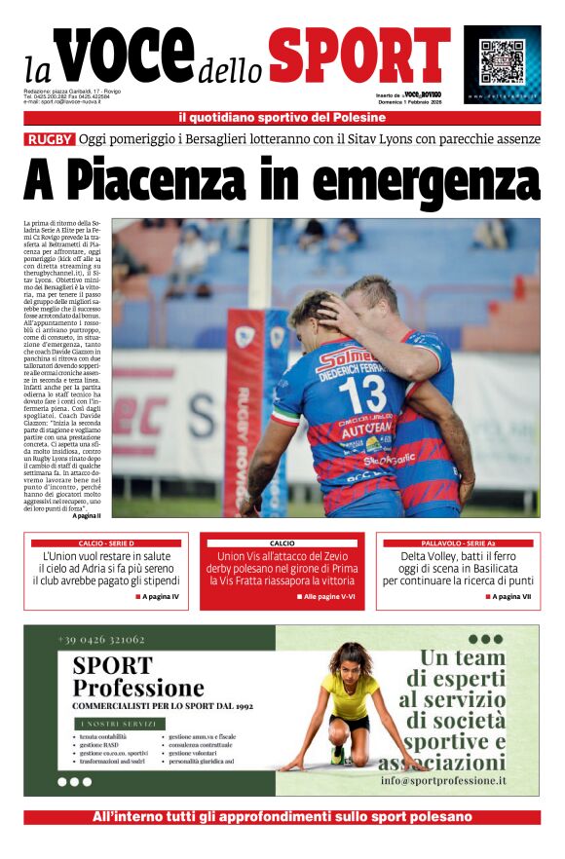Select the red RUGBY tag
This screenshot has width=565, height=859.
(x=50, y=139)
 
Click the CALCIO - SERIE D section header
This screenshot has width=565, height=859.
(x=106, y=542)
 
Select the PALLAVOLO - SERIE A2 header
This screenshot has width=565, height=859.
(x=458, y=542)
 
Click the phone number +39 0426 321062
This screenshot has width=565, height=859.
(x=101, y=640)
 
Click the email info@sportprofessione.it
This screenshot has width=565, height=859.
(x=443, y=781)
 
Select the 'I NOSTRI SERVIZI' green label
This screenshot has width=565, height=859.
(x=110, y=724)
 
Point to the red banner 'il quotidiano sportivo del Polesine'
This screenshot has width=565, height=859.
(x=282, y=118)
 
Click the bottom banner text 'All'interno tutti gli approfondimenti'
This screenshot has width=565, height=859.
(x=282, y=817)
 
